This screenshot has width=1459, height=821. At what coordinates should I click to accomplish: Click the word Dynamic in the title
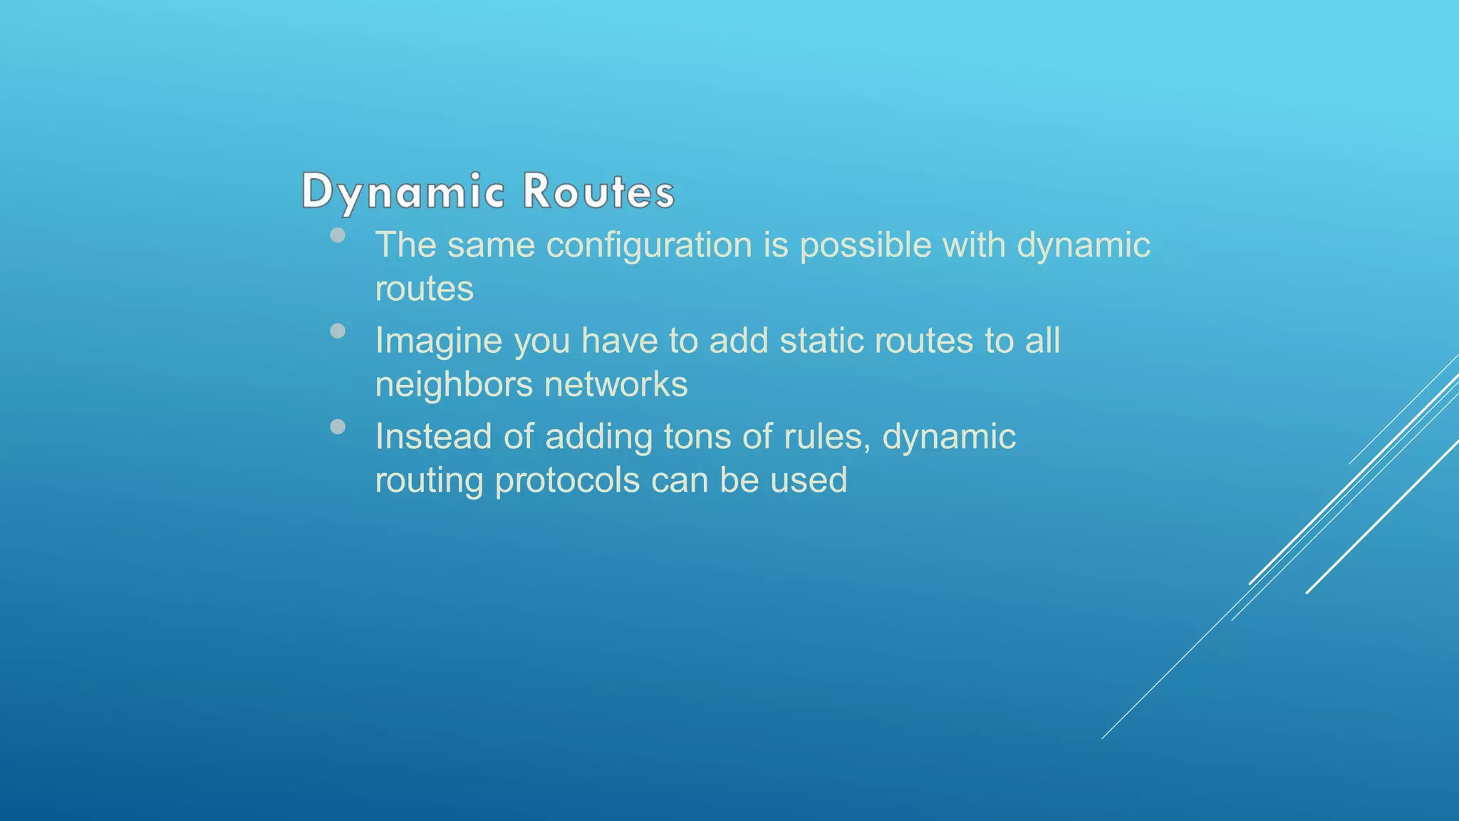pyautogui.click(x=403, y=191)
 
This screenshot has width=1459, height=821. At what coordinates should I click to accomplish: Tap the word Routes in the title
pyautogui.click(x=598, y=191)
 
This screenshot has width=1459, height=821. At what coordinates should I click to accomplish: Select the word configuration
pyautogui.click(x=649, y=246)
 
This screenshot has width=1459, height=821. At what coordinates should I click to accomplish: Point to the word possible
pyautogui.click(x=866, y=245)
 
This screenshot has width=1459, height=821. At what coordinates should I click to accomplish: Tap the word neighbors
pyautogui.click(x=454, y=385)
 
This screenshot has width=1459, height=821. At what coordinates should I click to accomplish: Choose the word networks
pyautogui.click(x=616, y=384)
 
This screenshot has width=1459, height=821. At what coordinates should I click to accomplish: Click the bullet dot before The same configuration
pyautogui.click(x=338, y=235)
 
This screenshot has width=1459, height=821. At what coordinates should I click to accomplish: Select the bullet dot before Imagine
pyautogui.click(x=338, y=331)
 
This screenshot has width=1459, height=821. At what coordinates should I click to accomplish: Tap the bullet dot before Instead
pyautogui.click(x=338, y=427)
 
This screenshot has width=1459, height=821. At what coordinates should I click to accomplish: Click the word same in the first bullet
pyautogui.click(x=491, y=245)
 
